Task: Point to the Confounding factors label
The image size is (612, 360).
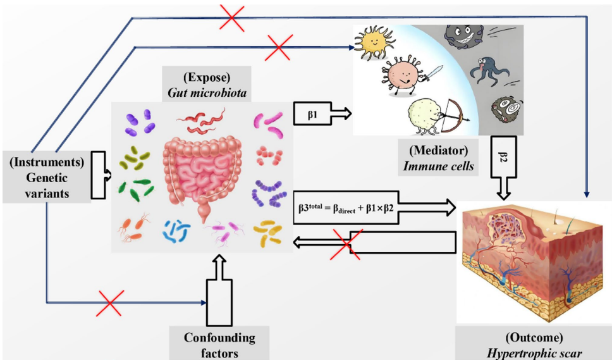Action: coord(219,344)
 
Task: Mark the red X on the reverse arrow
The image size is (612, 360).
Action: coord(347,244)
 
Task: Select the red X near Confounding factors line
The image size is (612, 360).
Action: coord(110,303)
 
